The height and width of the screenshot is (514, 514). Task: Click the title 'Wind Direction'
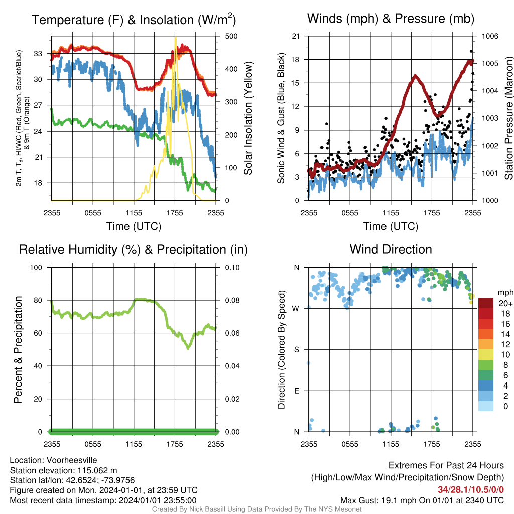coord(391,250)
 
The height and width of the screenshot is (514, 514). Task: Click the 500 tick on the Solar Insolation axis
coord(231,36)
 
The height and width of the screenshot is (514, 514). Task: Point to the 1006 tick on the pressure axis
coord(490,36)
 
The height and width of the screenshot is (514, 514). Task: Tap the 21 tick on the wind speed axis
coord(296,36)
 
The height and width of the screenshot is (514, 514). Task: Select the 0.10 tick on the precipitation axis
coord(232,268)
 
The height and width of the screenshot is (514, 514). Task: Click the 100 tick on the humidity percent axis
coord(36,268)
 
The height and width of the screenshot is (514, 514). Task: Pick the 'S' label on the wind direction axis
coord(296,350)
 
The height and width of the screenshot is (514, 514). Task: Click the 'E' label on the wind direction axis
coord(296,391)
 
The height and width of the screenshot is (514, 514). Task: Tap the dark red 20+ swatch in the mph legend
coord(486,303)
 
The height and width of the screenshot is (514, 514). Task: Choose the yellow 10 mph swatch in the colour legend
coord(486,355)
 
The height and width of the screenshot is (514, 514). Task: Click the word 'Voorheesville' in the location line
coord(72,460)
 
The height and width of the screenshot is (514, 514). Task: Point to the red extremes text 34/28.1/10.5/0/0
coord(471,490)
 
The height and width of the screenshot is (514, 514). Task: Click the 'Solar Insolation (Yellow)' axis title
coord(248,118)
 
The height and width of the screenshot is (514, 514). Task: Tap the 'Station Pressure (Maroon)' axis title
coord(509,118)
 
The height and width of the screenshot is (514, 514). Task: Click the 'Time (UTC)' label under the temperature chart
coord(134,226)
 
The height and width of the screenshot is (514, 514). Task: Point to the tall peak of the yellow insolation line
coord(176,38)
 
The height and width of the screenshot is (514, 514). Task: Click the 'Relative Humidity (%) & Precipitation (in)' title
coord(134,250)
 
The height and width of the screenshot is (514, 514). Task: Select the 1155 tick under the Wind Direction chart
coord(391,444)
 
